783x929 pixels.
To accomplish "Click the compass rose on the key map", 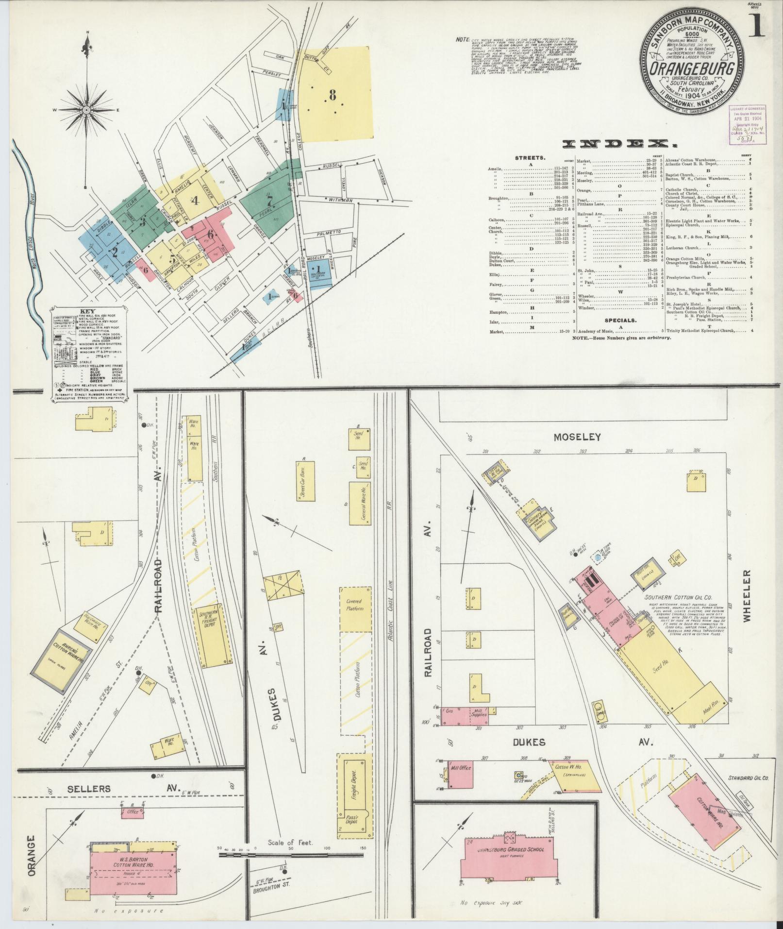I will (x=86, y=111).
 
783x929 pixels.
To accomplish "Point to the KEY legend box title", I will (x=88, y=312).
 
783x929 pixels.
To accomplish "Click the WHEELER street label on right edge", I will (x=746, y=595).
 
